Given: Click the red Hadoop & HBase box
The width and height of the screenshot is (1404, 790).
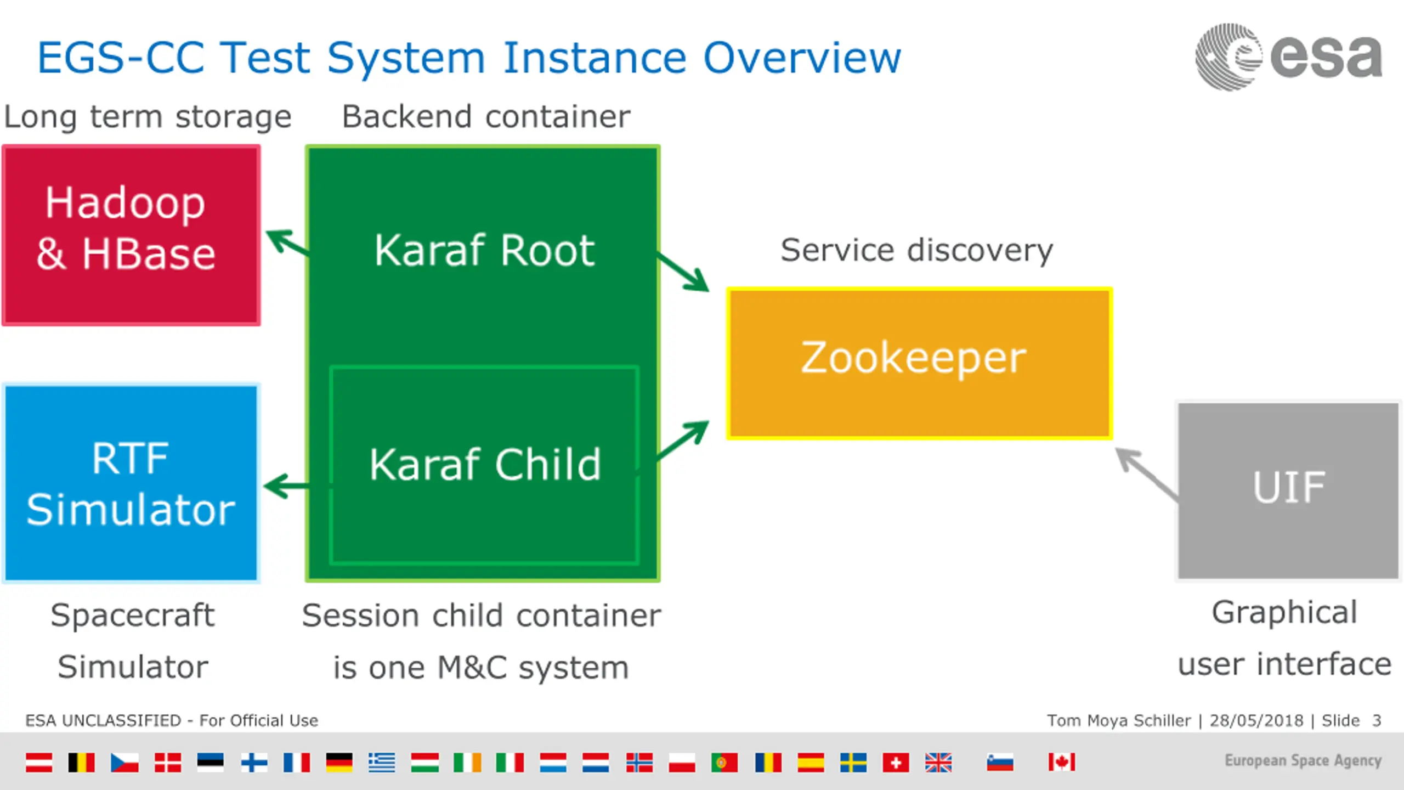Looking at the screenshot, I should pos(131,235).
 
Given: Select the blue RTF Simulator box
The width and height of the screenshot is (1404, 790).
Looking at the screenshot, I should pos(131,483).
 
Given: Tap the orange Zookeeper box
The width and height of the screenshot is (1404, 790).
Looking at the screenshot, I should pos(919,363).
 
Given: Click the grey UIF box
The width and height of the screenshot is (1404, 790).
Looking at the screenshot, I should pos(1288,489).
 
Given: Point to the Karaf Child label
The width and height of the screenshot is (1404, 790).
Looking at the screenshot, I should pos(485,465).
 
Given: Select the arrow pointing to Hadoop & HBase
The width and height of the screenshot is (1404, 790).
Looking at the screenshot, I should pos(287,242).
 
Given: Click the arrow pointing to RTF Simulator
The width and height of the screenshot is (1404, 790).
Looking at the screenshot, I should pos(286,486).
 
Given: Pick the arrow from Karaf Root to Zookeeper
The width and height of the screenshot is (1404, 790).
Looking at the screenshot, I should pos(683,272).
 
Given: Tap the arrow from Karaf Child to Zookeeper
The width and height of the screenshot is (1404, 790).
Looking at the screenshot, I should pos(683,440).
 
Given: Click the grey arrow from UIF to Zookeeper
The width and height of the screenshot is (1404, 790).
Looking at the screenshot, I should pos(1146,473).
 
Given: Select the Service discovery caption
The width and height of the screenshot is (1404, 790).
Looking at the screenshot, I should pos(916,251).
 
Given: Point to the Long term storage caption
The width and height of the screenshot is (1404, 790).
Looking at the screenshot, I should pos(148,117).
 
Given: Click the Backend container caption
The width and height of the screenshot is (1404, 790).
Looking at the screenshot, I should pos(486,117).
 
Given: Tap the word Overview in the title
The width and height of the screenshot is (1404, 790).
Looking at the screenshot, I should pos(802,58).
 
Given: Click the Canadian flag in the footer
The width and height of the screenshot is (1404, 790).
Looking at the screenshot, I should pos(1061,762).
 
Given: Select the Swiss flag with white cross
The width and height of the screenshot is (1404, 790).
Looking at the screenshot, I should pos(896,762).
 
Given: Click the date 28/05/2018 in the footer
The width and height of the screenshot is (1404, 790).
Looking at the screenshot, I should pos(1256,720).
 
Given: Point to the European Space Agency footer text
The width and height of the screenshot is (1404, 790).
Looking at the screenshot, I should pos(1303,760).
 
